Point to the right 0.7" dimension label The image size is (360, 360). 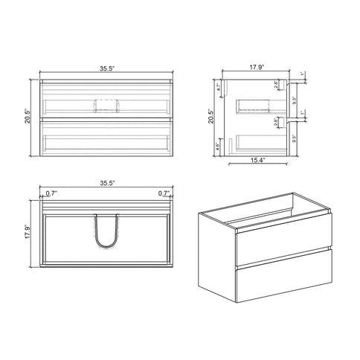coord(162,193)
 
